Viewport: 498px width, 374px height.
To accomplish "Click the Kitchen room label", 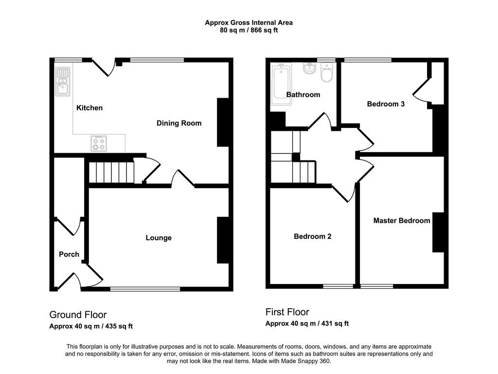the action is click(x=89, y=108).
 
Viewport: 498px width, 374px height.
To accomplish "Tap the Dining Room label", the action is click(x=179, y=123).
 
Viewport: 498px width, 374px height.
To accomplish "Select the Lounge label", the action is click(x=159, y=238).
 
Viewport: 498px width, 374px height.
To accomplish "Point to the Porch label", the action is click(x=69, y=254).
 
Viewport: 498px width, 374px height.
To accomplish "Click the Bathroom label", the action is click(x=303, y=95).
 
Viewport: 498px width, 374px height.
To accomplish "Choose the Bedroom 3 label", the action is click(x=386, y=104).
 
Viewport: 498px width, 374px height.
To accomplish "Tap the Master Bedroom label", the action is click(x=401, y=221).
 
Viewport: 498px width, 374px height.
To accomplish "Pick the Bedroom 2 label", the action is click(x=313, y=236).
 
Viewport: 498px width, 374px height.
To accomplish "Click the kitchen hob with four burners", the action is click(x=98, y=143).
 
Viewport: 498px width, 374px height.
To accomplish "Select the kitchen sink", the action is click(x=63, y=81).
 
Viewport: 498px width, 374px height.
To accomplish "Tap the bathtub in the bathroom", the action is click(x=281, y=84).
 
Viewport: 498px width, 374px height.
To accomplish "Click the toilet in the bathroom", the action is click(x=326, y=72).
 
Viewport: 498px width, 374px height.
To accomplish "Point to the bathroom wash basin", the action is click(x=309, y=68).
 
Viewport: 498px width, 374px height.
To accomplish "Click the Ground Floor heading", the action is click(x=78, y=315).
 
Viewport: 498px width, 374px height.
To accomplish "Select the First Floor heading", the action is click(x=287, y=312).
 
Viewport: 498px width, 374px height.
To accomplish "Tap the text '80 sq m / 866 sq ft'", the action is click(x=249, y=31).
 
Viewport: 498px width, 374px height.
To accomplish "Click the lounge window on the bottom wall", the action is click(x=145, y=289).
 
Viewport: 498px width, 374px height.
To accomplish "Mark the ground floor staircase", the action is click(x=111, y=172).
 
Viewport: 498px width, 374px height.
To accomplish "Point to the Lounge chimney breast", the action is click(x=223, y=240).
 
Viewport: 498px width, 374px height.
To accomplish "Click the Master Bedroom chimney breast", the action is click(x=438, y=232).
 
